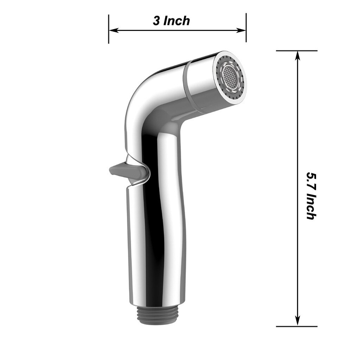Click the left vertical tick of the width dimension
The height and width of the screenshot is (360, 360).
109,29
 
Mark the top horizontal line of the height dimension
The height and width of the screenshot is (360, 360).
296,51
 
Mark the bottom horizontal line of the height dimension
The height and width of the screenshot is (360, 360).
296,326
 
